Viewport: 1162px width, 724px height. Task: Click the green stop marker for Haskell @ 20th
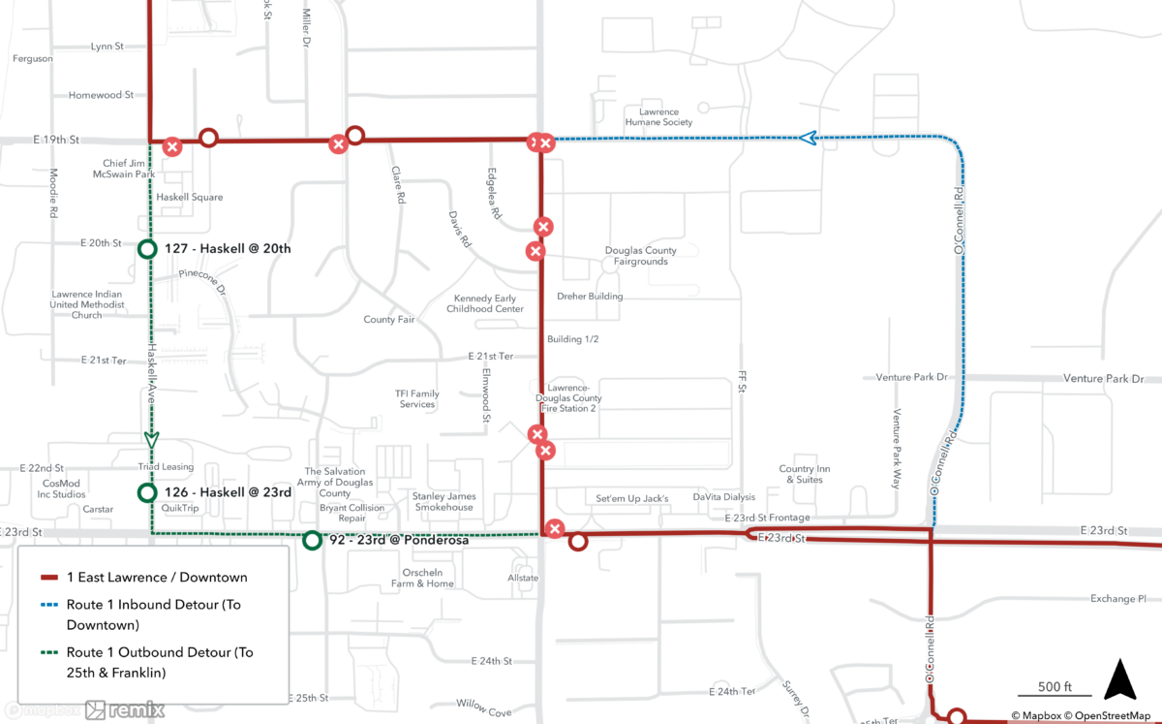(147, 249)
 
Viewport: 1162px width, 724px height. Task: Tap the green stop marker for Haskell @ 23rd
(147, 492)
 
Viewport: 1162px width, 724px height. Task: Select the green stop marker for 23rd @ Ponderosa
(312, 540)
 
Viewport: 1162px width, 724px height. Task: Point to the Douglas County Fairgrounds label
(641, 256)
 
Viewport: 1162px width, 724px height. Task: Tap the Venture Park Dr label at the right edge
(1103, 379)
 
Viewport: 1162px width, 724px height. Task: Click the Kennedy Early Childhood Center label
(485, 303)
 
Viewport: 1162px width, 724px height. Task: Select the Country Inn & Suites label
(805, 474)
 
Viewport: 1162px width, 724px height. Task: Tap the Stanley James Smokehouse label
(443, 502)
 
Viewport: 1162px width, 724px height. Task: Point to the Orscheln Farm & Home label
(422, 578)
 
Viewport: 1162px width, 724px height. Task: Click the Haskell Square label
(190, 198)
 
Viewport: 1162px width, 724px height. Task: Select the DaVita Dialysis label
(723, 497)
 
